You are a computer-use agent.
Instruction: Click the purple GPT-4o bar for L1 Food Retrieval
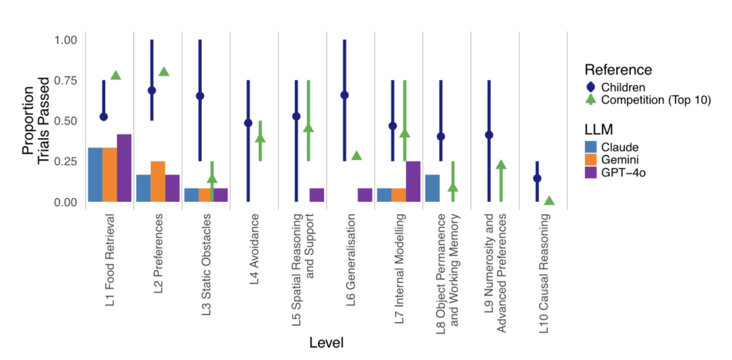(x=124, y=168)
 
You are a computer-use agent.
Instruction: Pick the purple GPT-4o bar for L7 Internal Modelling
(x=413, y=182)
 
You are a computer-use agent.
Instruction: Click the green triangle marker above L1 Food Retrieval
(x=115, y=75)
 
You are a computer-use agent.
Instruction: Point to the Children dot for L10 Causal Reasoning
(x=537, y=178)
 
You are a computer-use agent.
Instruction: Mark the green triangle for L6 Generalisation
(x=357, y=156)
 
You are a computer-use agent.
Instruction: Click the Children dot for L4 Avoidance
(x=248, y=123)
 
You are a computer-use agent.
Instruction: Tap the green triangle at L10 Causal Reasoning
(x=550, y=201)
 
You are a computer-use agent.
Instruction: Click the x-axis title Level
(x=326, y=343)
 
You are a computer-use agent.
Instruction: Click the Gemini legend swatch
(x=592, y=160)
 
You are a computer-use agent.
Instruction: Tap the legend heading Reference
(x=618, y=69)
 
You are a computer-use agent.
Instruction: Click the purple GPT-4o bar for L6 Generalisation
(x=365, y=195)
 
